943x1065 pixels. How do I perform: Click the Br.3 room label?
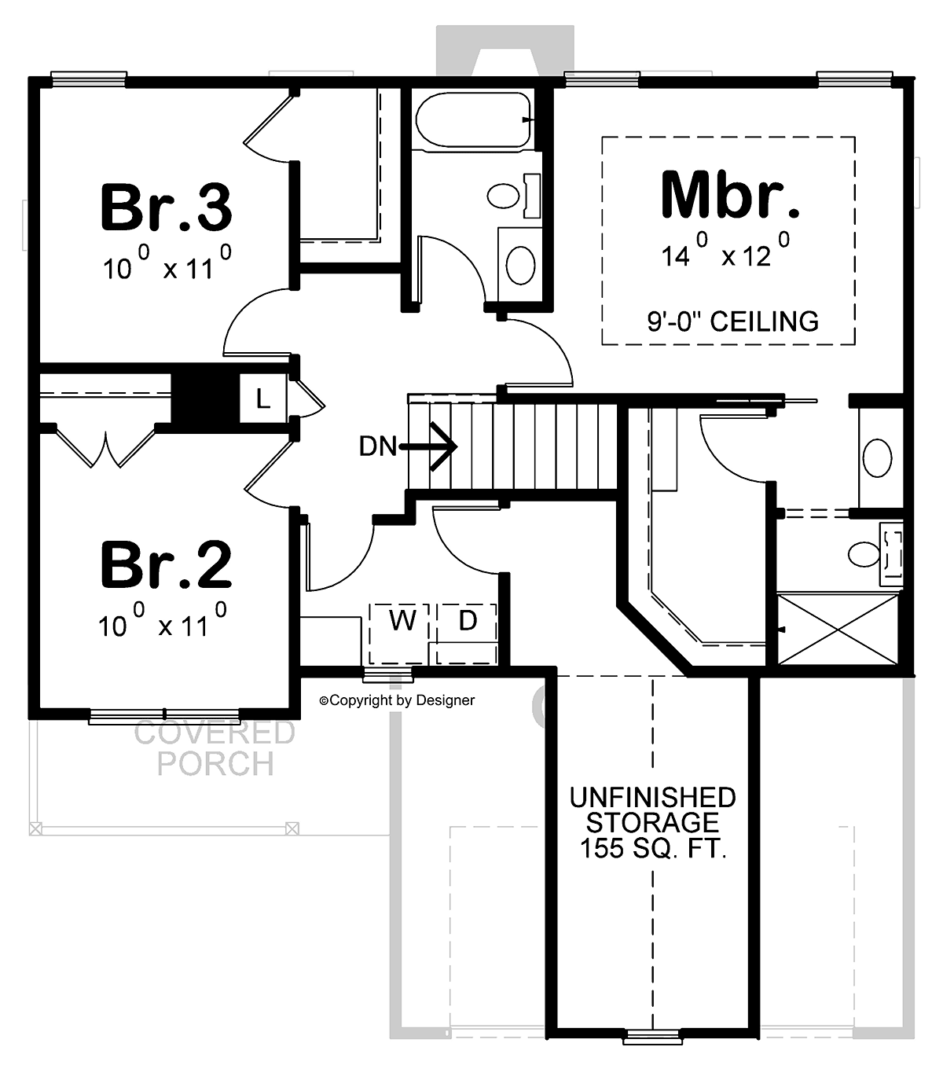[166, 207]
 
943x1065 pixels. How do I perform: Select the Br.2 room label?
[166, 564]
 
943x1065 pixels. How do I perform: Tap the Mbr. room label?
[730, 194]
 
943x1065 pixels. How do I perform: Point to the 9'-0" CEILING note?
[732, 321]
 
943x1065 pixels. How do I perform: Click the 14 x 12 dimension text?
[725, 252]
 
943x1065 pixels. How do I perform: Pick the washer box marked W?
[402, 622]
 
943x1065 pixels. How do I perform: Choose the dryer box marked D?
[468, 622]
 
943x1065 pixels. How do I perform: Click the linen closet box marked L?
[262, 398]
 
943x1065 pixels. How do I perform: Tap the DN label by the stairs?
[378, 447]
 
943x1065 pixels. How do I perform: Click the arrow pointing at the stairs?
[432, 447]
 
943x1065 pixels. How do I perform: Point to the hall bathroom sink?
[520, 265]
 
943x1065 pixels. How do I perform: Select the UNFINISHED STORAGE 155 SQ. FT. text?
[652, 822]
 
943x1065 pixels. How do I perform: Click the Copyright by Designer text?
[397, 700]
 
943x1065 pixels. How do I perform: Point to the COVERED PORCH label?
[215, 748]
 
